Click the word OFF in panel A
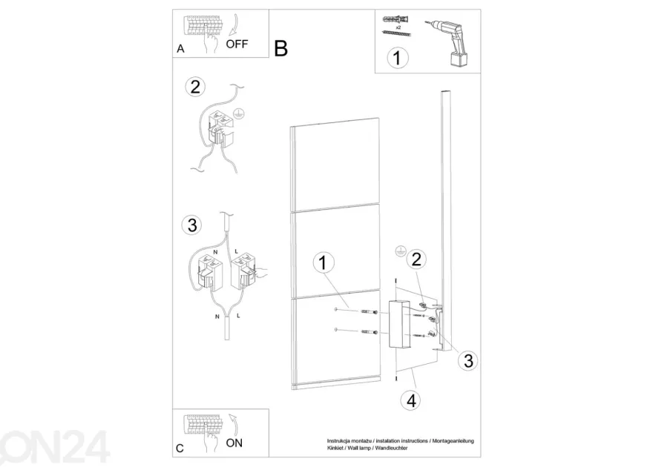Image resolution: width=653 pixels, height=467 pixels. point(237,44)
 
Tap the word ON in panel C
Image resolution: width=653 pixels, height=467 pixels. point(234,443)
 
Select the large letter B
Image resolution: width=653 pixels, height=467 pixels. point(281,48)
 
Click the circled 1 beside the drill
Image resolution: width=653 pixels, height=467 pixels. point(397,58)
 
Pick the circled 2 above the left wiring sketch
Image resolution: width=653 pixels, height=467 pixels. point(195,87)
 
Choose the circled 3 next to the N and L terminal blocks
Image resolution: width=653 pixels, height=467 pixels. point(192,225)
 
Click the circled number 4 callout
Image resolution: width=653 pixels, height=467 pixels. point(411,401)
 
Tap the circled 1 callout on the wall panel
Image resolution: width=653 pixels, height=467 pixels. point(324,263)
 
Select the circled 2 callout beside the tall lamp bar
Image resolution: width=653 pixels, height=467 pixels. point(416,259)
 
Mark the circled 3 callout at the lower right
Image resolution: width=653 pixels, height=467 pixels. point(468,360)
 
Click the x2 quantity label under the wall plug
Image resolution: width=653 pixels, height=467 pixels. point(398,27)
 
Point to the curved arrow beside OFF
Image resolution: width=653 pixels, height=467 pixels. point(235,25)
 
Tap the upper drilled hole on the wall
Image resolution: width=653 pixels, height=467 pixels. point(335,309)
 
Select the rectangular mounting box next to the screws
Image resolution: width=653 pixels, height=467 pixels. point(400,324)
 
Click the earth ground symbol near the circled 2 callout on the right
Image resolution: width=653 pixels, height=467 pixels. point(400,251)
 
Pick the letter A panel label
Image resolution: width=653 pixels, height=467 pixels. point(180,49)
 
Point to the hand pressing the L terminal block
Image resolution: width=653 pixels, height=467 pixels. point(260,274)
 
